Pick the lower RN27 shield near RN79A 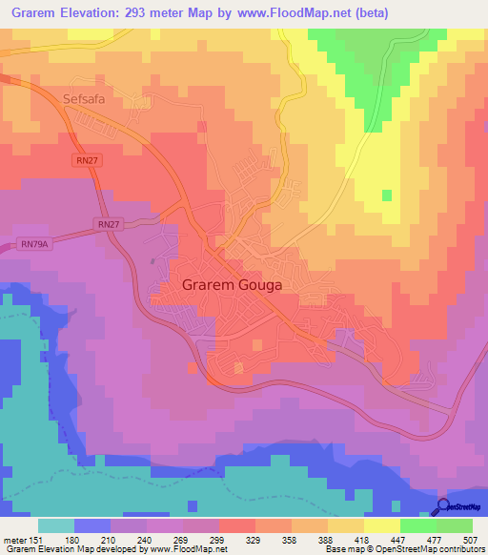tap(109, 224)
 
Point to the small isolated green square tap(386, 195)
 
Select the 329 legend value tap(254, 540)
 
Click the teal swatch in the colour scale tap(55, 525)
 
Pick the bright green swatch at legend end tap(455, 525)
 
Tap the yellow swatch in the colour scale tap(381, 525)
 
